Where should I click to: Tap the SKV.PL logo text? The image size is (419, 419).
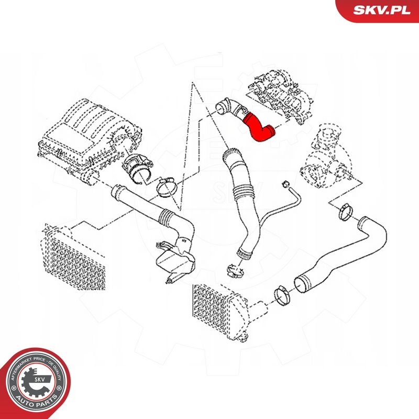[x=382, y=10]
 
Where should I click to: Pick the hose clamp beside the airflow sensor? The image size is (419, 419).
[x=166, y=188]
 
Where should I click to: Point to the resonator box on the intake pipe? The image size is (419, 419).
[x=175, y=260]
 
